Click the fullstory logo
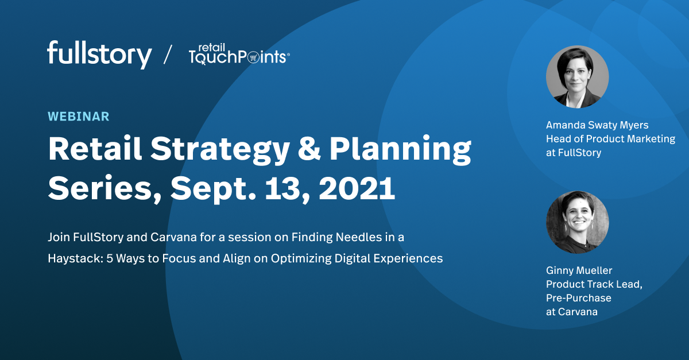click(x=99, y=55)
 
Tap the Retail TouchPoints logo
click(x=239, y=55)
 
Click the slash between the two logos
click(x=168, y=55)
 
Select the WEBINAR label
click(x=78, y=117)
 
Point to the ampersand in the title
click(x=318, y=149)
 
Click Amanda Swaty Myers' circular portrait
click(x=577, y=77)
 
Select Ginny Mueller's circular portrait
click(x=577, y=222)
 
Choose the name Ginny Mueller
click(x=579, y=270)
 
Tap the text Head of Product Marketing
click(x=610, y=138)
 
